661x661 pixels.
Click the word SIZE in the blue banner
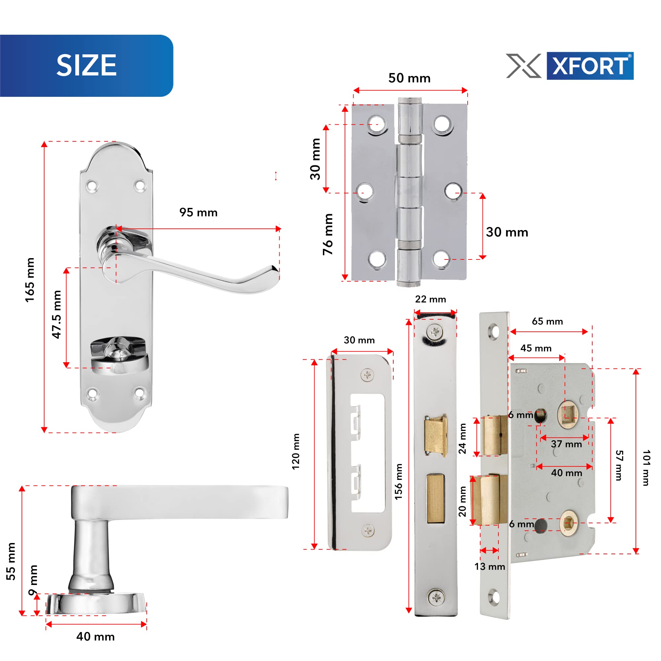(x=86, y=65)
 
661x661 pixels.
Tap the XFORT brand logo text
(x=590, y=66)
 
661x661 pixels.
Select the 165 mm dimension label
(x=30, y=280)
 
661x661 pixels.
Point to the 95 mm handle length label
(x=198, y=213)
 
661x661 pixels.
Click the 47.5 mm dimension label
(x=57, y=314)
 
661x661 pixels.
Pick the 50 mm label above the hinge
(x=409, y=78)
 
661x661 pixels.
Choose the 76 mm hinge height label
(x=328, y=234)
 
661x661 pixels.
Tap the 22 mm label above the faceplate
(x=430, y=299)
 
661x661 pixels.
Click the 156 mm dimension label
(x=399, y=482)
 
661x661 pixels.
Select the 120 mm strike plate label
(x=296, y=451)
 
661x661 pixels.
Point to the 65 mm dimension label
(x=547, y=321)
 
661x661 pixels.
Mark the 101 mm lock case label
(x=645, y=468)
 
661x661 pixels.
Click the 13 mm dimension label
(x=489, y=566)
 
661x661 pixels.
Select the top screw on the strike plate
(x=368, y=375)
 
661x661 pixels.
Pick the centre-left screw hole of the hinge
(x=365, y=192)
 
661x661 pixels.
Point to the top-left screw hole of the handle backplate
(x=92, y=186)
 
